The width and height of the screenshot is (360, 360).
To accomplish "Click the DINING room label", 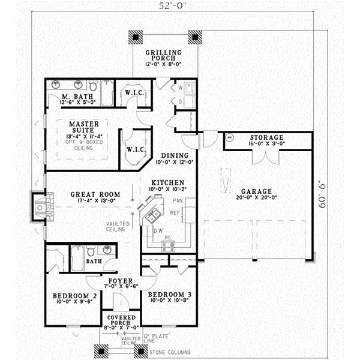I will [x=166, y=155].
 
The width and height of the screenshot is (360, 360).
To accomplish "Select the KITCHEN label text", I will [x=167, y=182].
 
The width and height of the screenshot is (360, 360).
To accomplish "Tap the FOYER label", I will [x=120, y=280].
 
